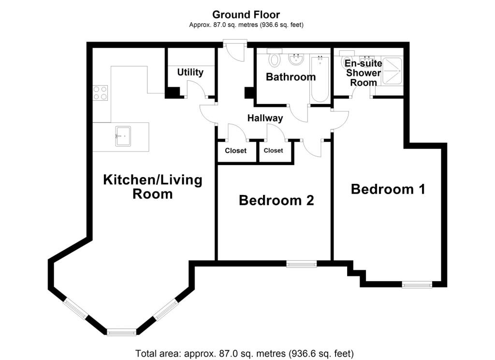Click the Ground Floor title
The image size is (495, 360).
(246, 15)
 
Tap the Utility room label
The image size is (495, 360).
(190, 73)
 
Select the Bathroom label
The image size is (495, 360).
(291, 77)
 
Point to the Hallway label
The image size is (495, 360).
(265, 118)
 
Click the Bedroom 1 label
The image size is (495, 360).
(388, 189)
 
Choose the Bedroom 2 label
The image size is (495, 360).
(276, 200)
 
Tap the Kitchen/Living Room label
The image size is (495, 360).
(152, 186)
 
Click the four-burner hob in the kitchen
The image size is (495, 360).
(101, 93)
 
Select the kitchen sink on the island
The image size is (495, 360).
(123, 136)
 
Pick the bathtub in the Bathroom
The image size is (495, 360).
(320, 79)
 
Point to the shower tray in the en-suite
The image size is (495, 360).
(392, 71)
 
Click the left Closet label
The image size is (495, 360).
(235, 151)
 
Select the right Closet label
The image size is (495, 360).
(274, 150)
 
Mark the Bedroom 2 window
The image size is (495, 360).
(302, 264)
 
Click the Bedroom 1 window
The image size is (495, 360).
(417, 285)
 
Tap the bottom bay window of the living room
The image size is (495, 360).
(121, 332)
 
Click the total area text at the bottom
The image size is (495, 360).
(245, 353)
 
